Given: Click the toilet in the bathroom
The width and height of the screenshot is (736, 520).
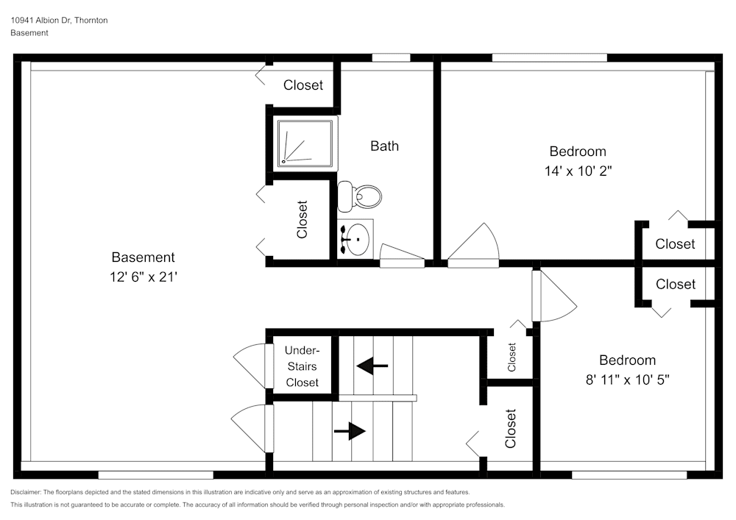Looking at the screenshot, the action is [359, 196].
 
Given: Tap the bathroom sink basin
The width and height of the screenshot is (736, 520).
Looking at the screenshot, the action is [358, 238].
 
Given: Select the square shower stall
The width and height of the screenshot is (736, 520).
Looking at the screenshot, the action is [305, 143].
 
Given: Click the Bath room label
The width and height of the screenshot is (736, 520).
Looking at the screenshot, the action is [384, 146].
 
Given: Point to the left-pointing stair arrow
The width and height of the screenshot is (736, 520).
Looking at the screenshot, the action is [372, 366].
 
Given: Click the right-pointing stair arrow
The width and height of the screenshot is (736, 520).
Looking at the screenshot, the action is [350, 431].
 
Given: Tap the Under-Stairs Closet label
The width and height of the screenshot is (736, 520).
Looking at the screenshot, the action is [302, 366].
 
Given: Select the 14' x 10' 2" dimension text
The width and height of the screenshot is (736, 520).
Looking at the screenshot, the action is [578, 171].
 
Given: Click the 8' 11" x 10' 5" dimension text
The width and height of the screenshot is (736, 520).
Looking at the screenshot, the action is [627, 380].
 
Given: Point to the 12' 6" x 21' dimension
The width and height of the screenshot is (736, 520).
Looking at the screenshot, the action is [144, 277].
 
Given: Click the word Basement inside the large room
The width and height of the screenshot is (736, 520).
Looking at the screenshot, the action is [144, 257].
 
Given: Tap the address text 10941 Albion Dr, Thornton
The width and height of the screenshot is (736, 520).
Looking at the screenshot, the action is [59, 20].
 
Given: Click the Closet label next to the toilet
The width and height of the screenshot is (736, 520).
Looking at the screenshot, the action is [302, 219].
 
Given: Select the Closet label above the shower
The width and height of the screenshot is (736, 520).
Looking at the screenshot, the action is [303, 85].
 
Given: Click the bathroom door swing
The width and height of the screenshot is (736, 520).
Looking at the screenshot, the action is [402, 255].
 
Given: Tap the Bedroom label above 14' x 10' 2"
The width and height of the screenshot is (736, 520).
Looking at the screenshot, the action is [578, 152].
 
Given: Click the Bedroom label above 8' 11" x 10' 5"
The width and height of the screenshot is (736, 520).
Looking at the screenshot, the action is [628, 360].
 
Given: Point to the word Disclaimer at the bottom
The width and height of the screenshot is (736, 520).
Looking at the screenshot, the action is [25, 492].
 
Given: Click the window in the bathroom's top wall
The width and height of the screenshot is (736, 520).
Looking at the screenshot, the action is [391, 57].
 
